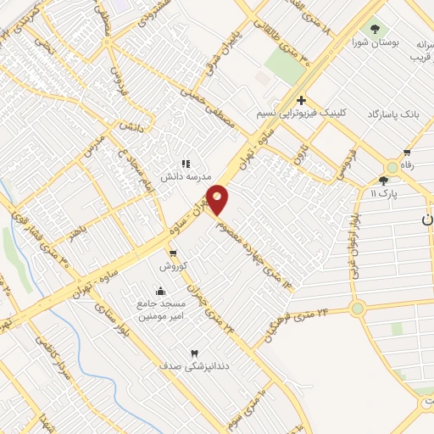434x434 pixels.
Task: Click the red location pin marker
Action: [218, 200]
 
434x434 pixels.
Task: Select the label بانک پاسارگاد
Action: [394, 113]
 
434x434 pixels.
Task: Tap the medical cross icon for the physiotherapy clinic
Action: [301, 100]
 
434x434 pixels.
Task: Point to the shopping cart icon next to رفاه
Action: [407, 153]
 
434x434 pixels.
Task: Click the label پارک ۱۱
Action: [383, 193]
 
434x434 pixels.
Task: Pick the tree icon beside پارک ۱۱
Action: [384, 181]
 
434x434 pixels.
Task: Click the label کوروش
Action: [173, 265]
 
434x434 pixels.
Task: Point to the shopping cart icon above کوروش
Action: [173, 253]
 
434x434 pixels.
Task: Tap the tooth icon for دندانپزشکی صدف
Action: [195, 353]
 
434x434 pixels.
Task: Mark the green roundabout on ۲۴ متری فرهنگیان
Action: [357, 309]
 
